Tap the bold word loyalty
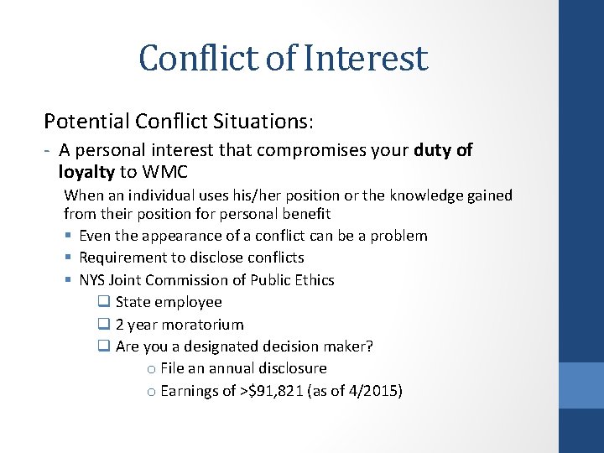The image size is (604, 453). tap(86, 172)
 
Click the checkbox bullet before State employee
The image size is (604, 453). tap(103, 302)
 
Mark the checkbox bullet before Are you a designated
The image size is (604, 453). tap(103, 346)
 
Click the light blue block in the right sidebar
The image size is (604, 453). tap(581, 385)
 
